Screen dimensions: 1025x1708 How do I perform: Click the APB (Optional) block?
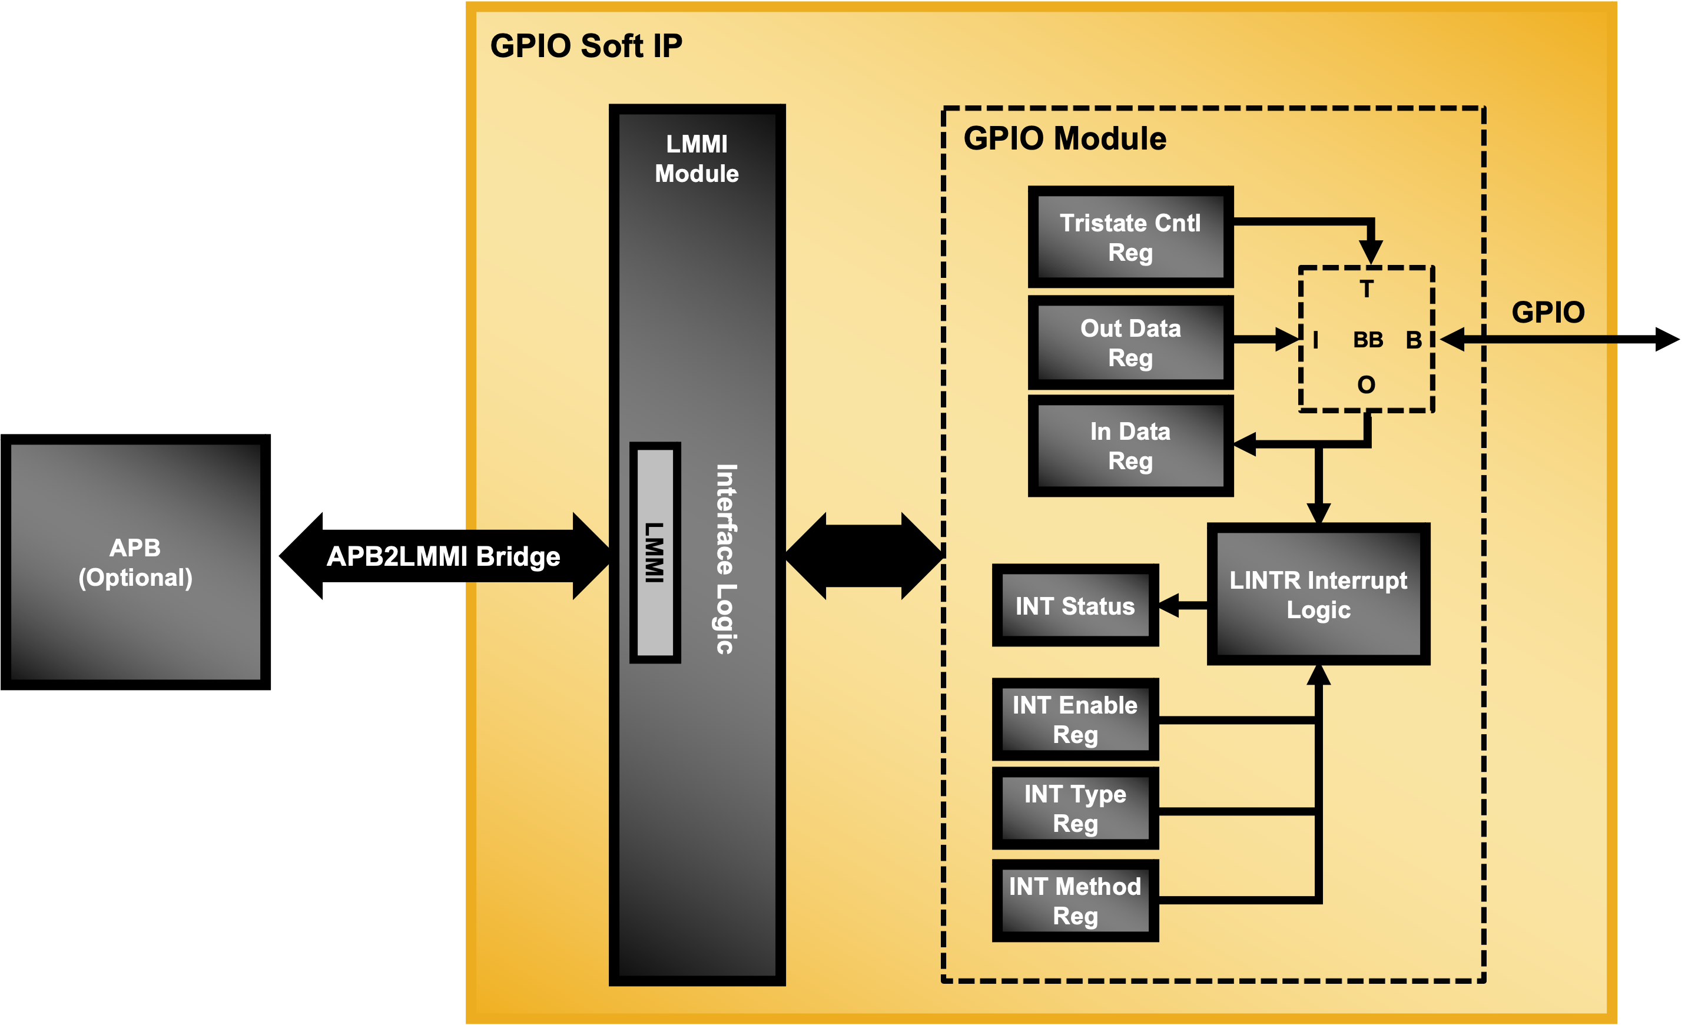click(135, 562)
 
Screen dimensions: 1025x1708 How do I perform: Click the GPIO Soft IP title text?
click(586, 47)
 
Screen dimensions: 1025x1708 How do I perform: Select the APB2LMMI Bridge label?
click(443, 557)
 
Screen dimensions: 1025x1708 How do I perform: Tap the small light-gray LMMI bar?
click(655, 553)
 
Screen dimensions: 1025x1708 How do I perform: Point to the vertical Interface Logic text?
click(726, 559)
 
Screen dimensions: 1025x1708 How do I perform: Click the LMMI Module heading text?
click(696, 159)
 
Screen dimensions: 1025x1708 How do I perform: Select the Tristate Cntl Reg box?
click(1130, 237)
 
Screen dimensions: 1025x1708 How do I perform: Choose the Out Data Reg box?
click(1130, 343)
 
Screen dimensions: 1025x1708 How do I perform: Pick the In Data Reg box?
click(1130, 446)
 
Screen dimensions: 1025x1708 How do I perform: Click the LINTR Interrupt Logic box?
click(1318, 594)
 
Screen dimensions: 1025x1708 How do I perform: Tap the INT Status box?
click(1074, 606)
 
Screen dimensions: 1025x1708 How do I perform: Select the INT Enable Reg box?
click(1074, 719)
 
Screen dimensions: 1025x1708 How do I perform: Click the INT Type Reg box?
click(1074, 808)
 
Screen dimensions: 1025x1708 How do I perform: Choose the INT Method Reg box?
click(1074, 900)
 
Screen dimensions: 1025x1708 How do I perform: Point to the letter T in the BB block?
click(1366, 288)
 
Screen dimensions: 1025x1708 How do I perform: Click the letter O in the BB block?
click(1366, 384)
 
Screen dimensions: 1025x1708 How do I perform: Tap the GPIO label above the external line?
click(1548, 312)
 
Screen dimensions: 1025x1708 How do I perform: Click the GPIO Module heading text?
click(1064, 138)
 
